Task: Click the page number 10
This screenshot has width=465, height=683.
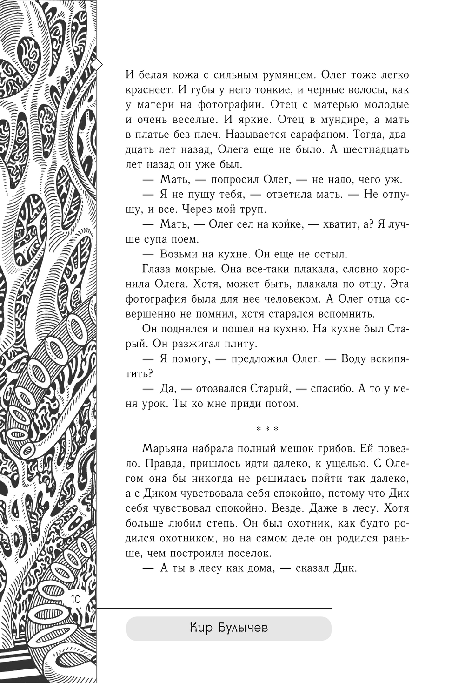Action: click(75, 599)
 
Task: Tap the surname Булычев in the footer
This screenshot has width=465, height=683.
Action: click(243, 628)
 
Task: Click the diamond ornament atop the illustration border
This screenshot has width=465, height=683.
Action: click(96, 65)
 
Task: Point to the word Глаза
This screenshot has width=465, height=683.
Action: click(155, 269)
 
